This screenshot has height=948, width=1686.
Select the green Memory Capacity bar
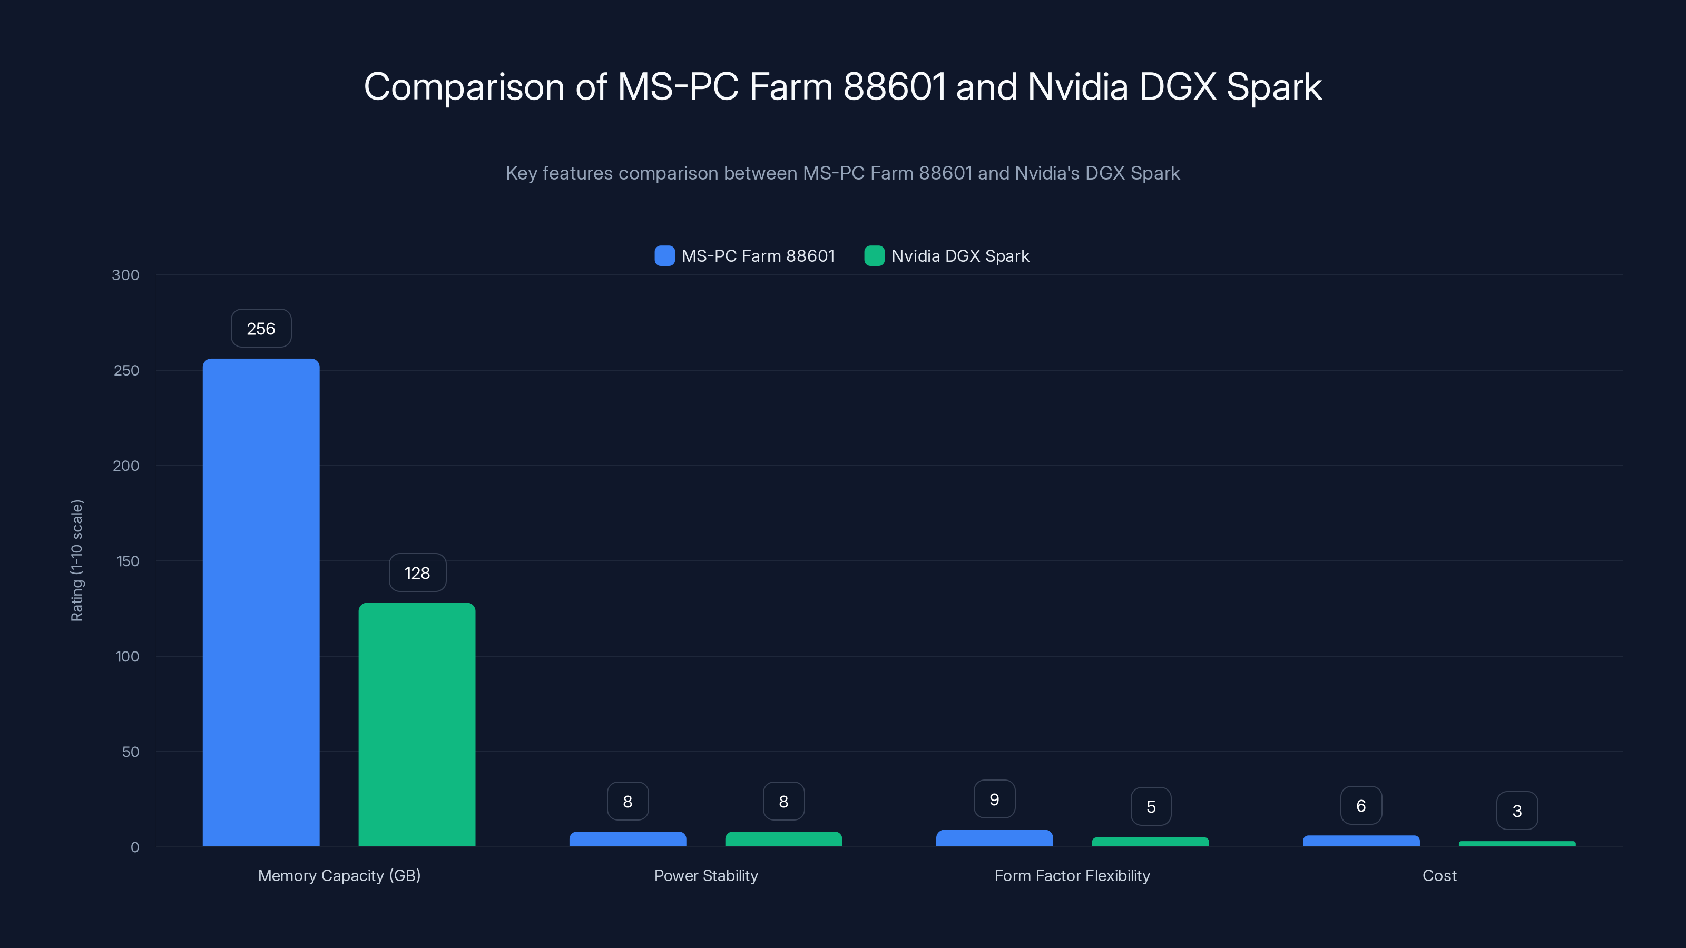417,724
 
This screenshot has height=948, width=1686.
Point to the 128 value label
417,573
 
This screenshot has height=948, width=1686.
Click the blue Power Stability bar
627,839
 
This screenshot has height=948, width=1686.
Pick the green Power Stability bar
783,839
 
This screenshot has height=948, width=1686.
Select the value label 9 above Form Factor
994,799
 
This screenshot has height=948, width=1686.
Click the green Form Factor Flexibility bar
1150,842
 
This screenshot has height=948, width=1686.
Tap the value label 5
1151,807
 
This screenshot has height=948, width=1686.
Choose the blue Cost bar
1361,841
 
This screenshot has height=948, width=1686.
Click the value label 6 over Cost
1361,805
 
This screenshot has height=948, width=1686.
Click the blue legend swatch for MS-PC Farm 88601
664,256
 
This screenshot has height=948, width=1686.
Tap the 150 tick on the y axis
128,561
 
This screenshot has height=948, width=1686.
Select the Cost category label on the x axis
1439,875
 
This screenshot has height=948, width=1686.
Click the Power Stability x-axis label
705,875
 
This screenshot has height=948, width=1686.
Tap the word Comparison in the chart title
464,87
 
